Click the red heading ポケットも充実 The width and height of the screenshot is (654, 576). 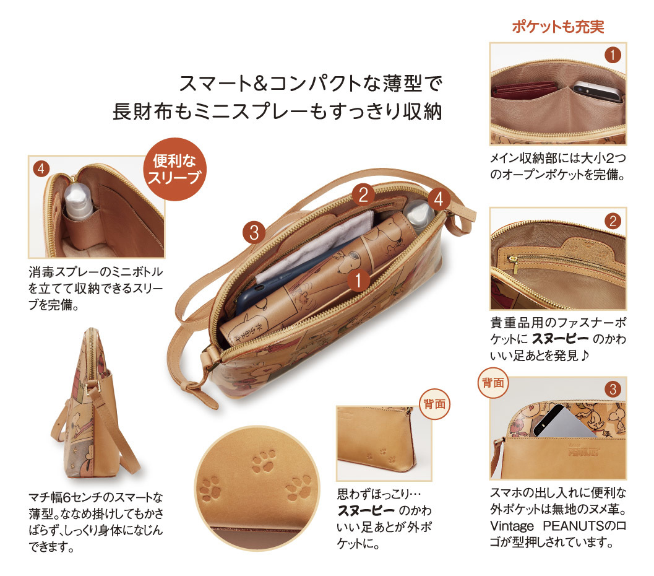(557, 27)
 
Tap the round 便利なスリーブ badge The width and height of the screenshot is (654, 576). (174, 169)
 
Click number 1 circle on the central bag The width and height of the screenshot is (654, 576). (358, 280)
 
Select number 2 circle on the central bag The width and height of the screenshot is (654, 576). (363, 195)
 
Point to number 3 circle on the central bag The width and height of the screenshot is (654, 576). (254, 232)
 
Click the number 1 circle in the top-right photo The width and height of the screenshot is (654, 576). (613, 55)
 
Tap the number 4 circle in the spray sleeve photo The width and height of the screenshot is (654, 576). (41, 168)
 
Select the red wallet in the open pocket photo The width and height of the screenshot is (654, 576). (524, 89)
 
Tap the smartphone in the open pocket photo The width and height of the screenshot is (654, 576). (597, 92)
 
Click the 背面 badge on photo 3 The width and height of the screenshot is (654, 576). (493, 382)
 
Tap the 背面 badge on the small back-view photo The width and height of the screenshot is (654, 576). (434, 404)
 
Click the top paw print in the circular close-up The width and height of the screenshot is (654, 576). (264, 461)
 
